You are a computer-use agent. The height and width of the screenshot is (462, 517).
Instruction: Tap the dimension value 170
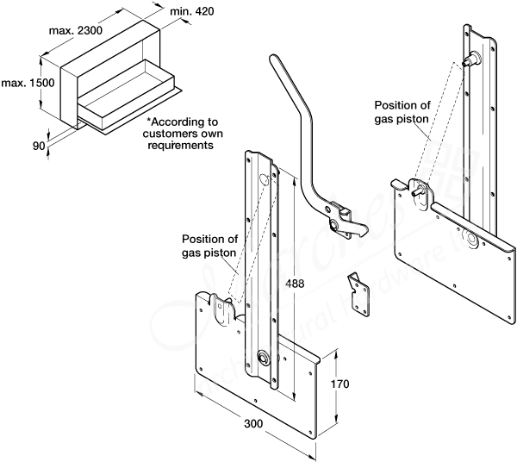pyautogui.click(x=339, y=385)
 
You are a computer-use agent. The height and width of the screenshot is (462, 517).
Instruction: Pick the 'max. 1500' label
pyautogui.click(x=21, y=83)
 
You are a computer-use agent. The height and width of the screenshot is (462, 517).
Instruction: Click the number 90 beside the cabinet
pyautogui.click(x=38, y=147)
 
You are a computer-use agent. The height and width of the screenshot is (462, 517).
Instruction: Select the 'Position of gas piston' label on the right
pyautogui.click(x=402, y=113)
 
